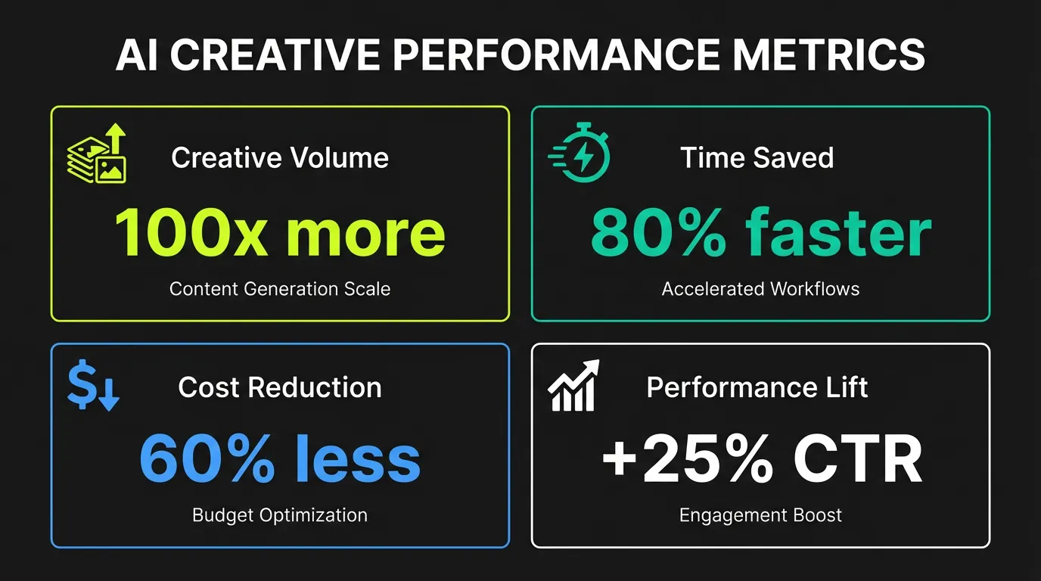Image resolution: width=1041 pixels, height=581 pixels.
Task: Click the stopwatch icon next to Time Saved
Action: [580, 152]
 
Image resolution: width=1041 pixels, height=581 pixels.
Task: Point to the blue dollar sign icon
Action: [93, 386]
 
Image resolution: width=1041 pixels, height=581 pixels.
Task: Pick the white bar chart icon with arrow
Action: [573, 386]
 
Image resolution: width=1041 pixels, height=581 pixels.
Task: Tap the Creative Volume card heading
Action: [280, 157]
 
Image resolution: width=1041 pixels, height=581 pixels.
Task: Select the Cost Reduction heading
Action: [280, 387]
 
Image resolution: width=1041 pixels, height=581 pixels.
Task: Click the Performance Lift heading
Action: [757, 387]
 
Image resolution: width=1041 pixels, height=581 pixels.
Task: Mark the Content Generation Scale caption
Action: [280, 288]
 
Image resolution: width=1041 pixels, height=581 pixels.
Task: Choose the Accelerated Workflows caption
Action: [760, 288]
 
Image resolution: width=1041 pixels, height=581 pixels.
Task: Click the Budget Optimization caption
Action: [280, 515]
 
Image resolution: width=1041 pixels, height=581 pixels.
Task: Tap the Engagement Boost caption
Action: [760, 515]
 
